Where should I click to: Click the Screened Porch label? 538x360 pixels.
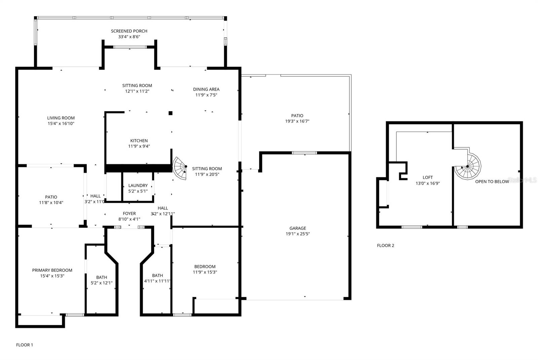[x=129, y=31]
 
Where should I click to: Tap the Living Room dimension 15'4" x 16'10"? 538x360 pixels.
[x=61, y=123]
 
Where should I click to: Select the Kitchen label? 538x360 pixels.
[x=139, y=141]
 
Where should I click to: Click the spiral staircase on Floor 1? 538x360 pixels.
[x=180, y=168]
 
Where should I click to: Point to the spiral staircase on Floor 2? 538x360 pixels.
[x=468, y=166]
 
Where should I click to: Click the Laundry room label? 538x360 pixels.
[x=138, y=185]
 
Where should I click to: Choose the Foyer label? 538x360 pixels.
[x=129, y=213]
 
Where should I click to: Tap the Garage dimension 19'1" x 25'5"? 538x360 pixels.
[x=298, y=234]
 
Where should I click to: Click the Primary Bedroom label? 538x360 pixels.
[x=52, y=270]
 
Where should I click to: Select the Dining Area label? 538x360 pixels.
[x=206, y=89]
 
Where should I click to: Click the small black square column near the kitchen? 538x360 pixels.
[x=170, y=113]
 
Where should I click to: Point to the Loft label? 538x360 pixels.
[x=428, y=177]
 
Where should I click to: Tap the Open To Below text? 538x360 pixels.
[x=492, y=181]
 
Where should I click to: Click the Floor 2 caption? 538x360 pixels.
[x=385, y=245]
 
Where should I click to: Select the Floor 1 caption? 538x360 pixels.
[x=25, y=345]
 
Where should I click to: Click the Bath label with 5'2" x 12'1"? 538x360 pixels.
[x=102, y=277]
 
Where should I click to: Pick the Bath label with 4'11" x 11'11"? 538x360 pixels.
[x=157, y=275]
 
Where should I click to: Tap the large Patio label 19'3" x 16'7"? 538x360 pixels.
[x=297, y=115]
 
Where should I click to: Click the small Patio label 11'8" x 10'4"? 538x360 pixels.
[x=51, y=197]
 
